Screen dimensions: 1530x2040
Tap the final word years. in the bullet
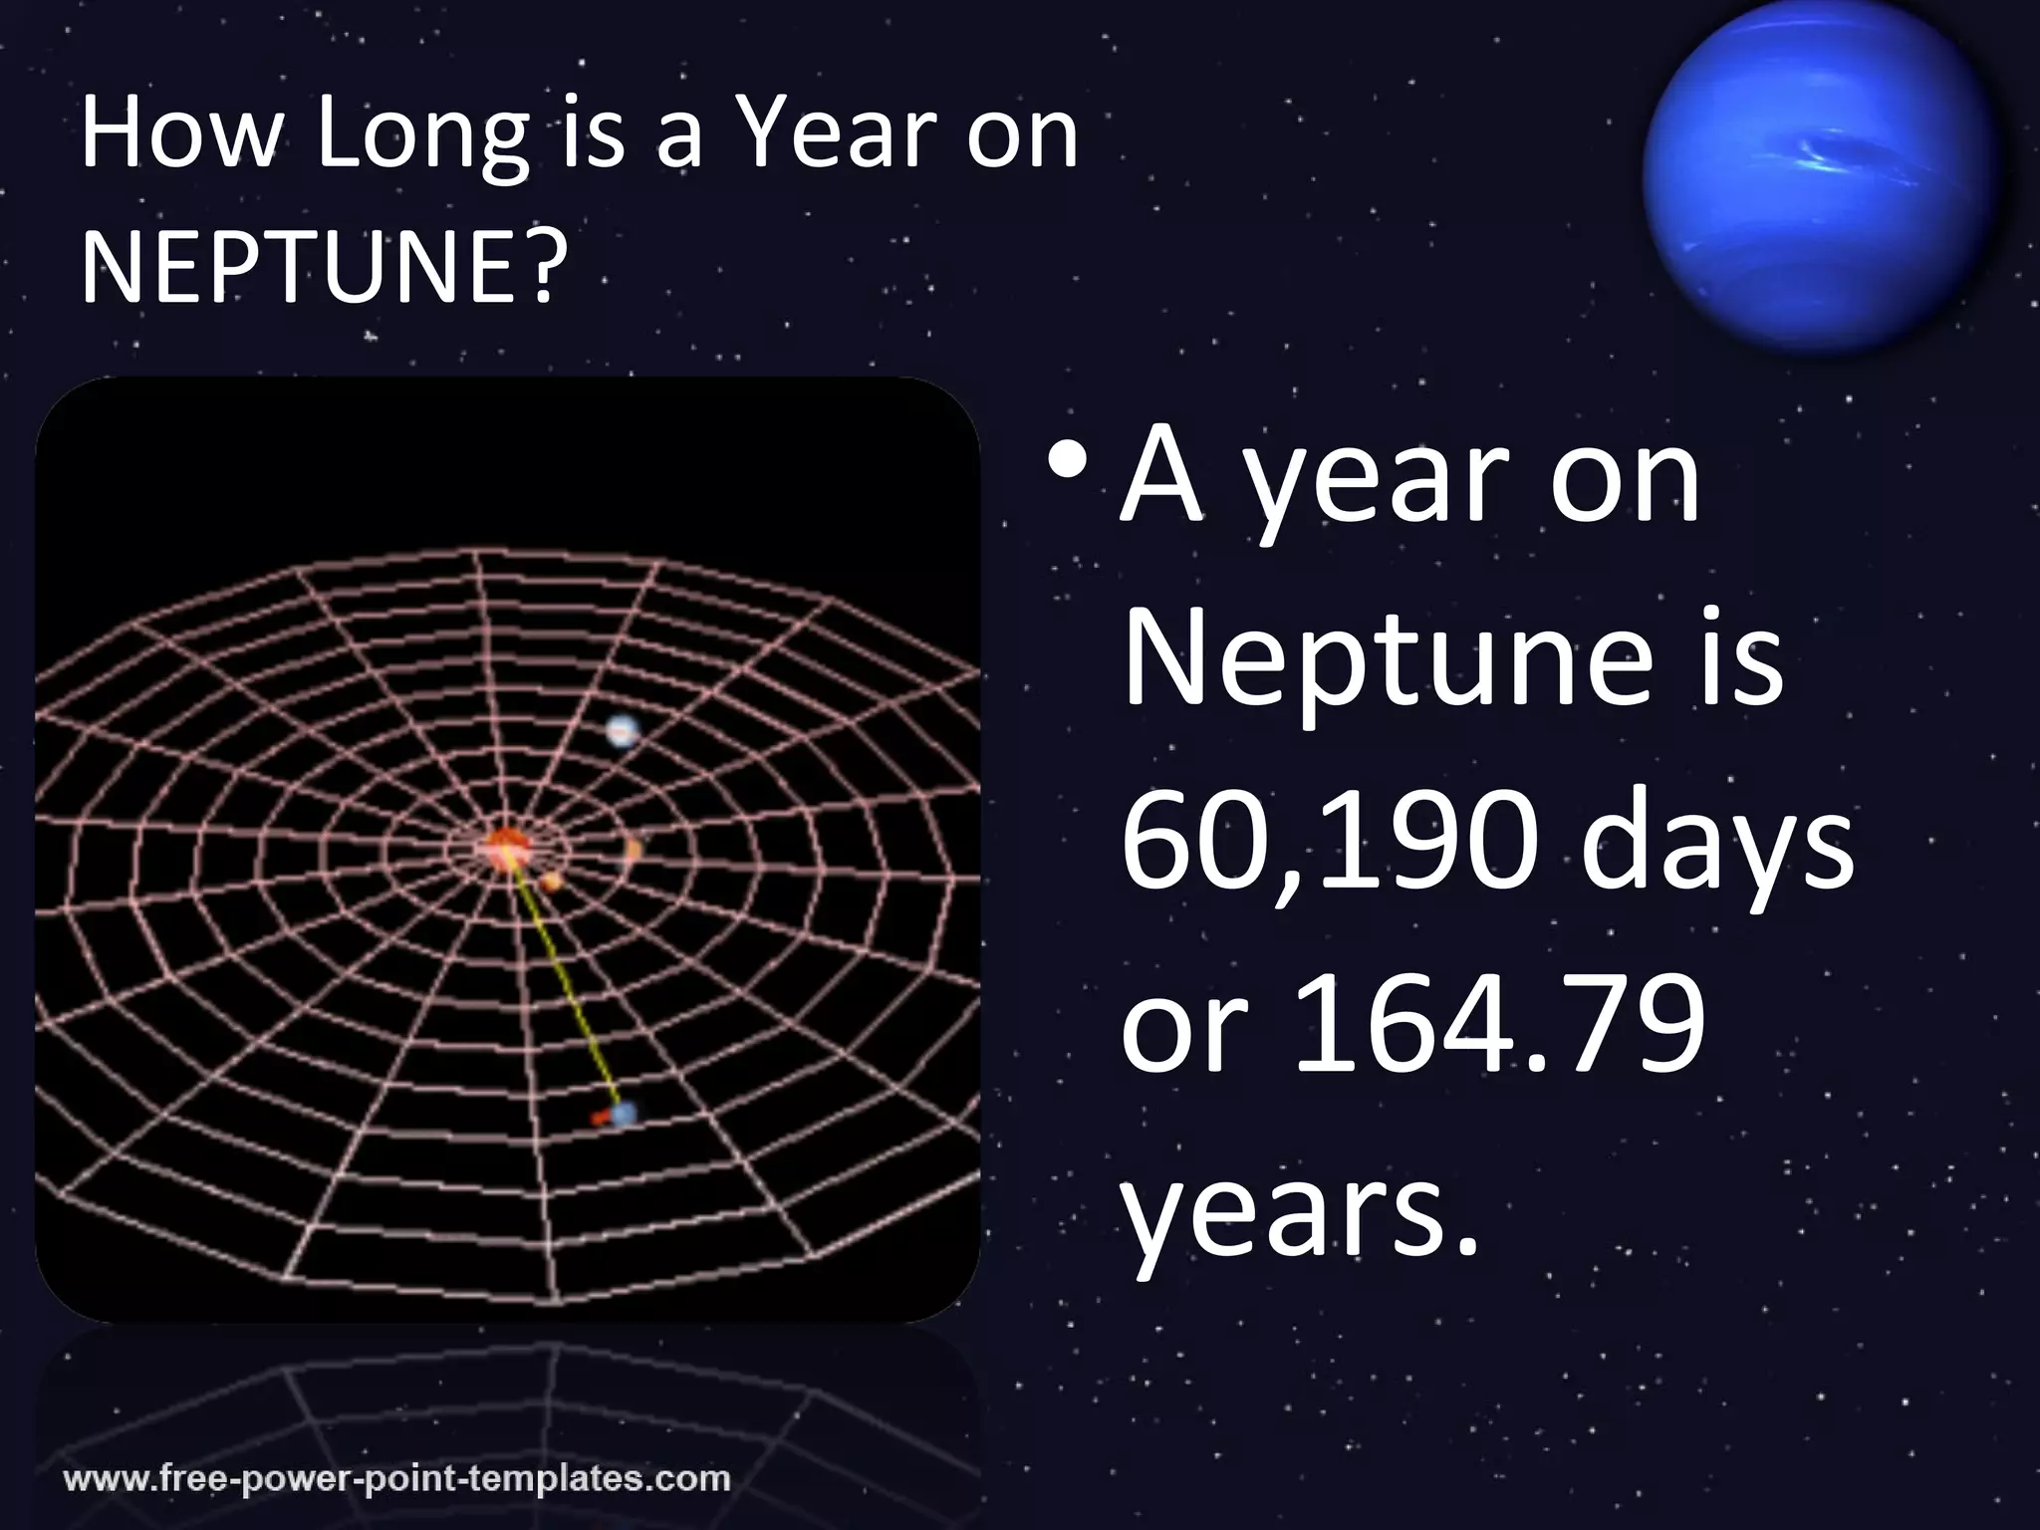point(1299,1215)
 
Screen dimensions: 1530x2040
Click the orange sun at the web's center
point(506,847)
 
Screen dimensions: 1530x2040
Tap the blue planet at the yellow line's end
point(624,1113)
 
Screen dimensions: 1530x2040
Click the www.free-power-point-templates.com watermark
point(397,1476)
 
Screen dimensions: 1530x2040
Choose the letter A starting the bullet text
point(1160,478)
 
